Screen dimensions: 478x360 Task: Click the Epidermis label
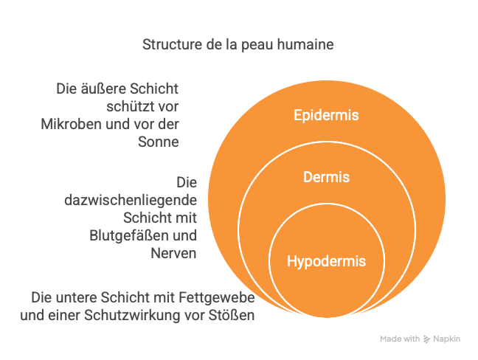326,116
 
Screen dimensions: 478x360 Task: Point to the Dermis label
326,177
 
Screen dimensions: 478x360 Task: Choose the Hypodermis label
326,262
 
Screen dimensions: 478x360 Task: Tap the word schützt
128,107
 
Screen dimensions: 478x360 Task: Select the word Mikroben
72,125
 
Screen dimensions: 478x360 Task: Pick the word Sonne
159,142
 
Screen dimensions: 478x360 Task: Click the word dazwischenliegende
131,201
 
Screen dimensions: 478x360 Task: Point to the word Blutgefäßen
125,235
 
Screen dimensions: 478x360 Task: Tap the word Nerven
173,253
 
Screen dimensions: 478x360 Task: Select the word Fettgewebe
217,298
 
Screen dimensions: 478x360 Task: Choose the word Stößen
232,315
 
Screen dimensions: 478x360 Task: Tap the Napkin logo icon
426,339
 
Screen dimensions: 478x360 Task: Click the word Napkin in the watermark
446,339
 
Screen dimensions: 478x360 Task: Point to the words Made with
400,339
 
